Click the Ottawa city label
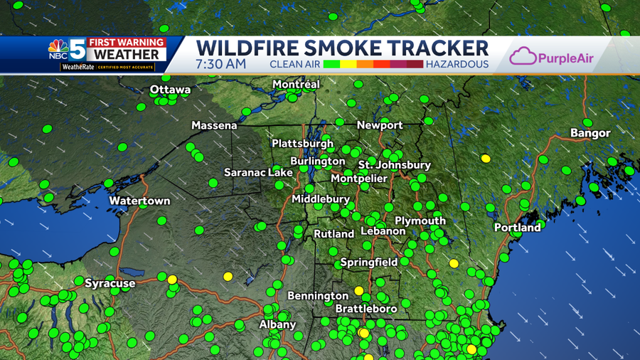tap(170, 90)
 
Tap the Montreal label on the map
tap(296, 84)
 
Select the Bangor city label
tap(590, 133)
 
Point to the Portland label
tap(518, 228)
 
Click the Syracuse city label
tap(110, 283)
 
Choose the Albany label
tap(277, 324)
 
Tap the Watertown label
tap(139, 201)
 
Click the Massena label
tap(214, 125)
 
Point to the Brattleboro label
tap(366, 309)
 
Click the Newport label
tap(380, 125)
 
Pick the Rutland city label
tap(334, 233)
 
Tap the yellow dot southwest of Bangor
tap(486, 158)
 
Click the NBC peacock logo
tap(58, 49)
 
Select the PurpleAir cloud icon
tap(523, 56)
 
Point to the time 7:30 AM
tap(221, 64)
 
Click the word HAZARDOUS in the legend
tap(457, 64)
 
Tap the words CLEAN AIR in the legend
tap(294, 64)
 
